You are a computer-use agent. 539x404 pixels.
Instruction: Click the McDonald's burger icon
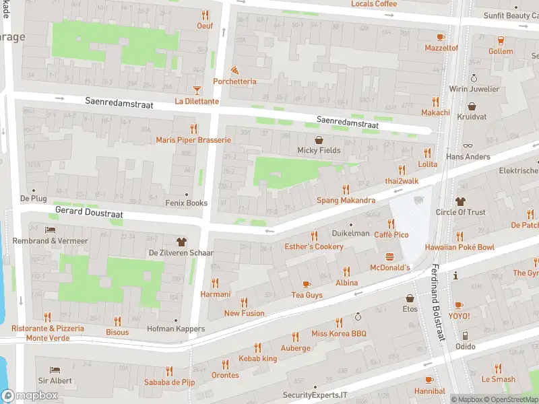pos(389,256)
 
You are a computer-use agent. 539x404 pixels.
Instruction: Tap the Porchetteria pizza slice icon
pos(234,69)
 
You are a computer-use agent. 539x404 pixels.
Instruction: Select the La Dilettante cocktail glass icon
pos(197,90)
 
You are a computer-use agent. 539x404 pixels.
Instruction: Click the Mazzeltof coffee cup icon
pos(441,37)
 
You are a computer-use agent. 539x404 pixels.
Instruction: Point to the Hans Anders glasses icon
pos(468,145)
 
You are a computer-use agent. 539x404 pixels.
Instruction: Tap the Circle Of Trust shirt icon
pos(460,201)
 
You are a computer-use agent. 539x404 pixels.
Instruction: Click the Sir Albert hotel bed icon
pos(55,370)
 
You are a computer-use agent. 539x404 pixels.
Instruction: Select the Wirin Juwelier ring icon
pos(474,78)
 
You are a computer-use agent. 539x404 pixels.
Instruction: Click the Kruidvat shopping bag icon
pos(472,106)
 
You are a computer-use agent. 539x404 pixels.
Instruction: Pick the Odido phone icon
pos(464,335)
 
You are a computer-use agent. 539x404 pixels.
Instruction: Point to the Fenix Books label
pos(187,203)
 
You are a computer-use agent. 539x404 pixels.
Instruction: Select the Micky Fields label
pos(319,150)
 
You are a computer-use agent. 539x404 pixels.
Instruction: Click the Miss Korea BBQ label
pos(338,333)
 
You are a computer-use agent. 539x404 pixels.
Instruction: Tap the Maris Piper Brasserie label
pos(193,140)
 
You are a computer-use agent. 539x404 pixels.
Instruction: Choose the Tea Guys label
pos(307,295)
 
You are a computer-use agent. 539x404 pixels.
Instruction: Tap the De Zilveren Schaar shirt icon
pos(181,241)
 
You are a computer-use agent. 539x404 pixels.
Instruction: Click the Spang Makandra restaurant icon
pos(346,189)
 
